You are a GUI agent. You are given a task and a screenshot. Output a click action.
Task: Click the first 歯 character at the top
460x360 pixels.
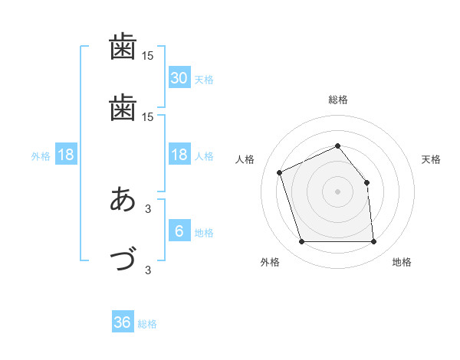[x=123, y=48]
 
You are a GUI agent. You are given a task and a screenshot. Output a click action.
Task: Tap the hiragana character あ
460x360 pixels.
[x=123, y=200]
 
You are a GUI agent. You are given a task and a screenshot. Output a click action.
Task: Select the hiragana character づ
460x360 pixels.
[x=123, y=259]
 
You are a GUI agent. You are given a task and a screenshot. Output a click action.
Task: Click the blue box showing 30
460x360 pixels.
[x=179, y=78]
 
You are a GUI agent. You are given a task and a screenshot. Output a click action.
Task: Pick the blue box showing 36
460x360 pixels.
[x=123, y=322]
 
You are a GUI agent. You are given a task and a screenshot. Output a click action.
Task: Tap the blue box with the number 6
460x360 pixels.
[x=179, y=231]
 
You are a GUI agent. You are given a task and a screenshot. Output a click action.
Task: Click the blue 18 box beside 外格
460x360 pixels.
[x=66, y=155]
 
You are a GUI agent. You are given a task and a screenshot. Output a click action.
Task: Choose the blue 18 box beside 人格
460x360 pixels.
[x=179, y=155]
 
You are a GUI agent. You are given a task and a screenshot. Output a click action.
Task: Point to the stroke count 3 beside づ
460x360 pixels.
[x=148, y=270]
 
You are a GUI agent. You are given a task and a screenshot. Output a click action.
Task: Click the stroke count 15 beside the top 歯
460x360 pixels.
[x=148, y=56]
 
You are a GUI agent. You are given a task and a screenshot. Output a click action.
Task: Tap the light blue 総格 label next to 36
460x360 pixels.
[x=148, y=324]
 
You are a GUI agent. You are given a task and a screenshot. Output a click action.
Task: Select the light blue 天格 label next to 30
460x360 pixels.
[x=204, y=80]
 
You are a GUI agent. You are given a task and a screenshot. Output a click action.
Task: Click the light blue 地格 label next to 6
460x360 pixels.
[x=204, y=233]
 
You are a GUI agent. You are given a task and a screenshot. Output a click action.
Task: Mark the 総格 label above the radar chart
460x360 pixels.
[x=337, y=100]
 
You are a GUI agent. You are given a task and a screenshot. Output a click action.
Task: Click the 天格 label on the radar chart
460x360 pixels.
[x=431, y=159]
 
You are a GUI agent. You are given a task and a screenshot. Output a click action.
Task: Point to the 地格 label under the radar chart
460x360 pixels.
[x=402, y=263]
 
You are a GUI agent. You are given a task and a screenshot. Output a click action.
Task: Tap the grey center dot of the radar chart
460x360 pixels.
[x=337, y=191]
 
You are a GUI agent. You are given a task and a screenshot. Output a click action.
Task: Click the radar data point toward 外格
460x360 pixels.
[x=301, y=242]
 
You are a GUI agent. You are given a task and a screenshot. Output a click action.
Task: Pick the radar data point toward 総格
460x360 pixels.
[x=337, y=146]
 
